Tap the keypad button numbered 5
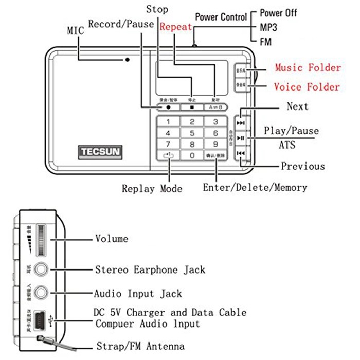192,133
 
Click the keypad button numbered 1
169,122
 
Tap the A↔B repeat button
214,107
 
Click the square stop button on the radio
192,107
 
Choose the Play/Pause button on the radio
240,138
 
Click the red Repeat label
176,27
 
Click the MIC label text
75,30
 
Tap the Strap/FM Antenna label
140,346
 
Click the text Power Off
278,13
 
